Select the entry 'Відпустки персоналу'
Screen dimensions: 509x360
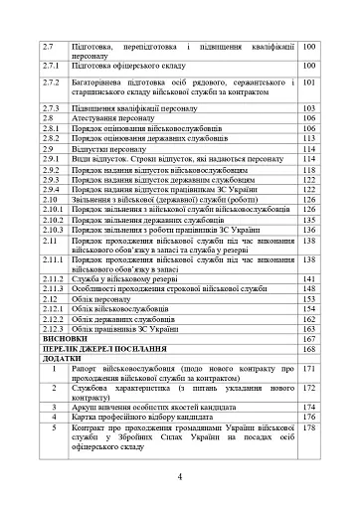pyautogui.click(x=105, y=149)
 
